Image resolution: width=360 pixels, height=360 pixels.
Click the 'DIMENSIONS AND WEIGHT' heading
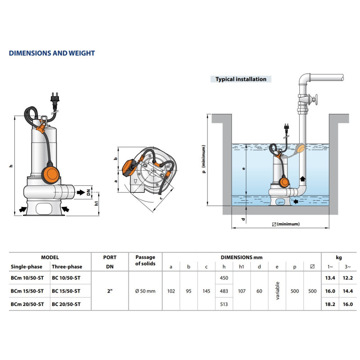[x=52, y=53]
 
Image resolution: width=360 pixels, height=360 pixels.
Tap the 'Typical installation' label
[x=241, y=79]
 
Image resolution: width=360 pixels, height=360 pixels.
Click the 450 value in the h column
[x=224, y=278]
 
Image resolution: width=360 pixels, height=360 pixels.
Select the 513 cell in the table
[x=224, y=304]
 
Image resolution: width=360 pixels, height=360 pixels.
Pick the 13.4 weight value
[x=331, y=278]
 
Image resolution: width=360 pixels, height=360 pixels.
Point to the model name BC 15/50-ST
[x=67, y=291]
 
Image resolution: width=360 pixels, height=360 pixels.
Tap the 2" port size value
[x=110, y=291]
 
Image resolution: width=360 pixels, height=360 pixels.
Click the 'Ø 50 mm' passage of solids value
[x=145, y=291]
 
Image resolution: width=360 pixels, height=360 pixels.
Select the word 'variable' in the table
[x=277, y=291]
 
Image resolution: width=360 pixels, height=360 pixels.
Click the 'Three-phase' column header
[x=67, y=267]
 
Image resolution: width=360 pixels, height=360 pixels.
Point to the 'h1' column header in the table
[x=241, y=267]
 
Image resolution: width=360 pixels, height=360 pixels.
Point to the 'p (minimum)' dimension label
[x=204, y=160]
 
